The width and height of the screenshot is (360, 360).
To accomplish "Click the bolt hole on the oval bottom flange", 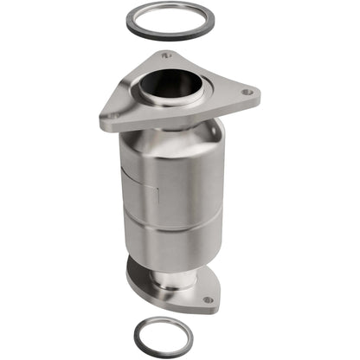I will tap(208, 299).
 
